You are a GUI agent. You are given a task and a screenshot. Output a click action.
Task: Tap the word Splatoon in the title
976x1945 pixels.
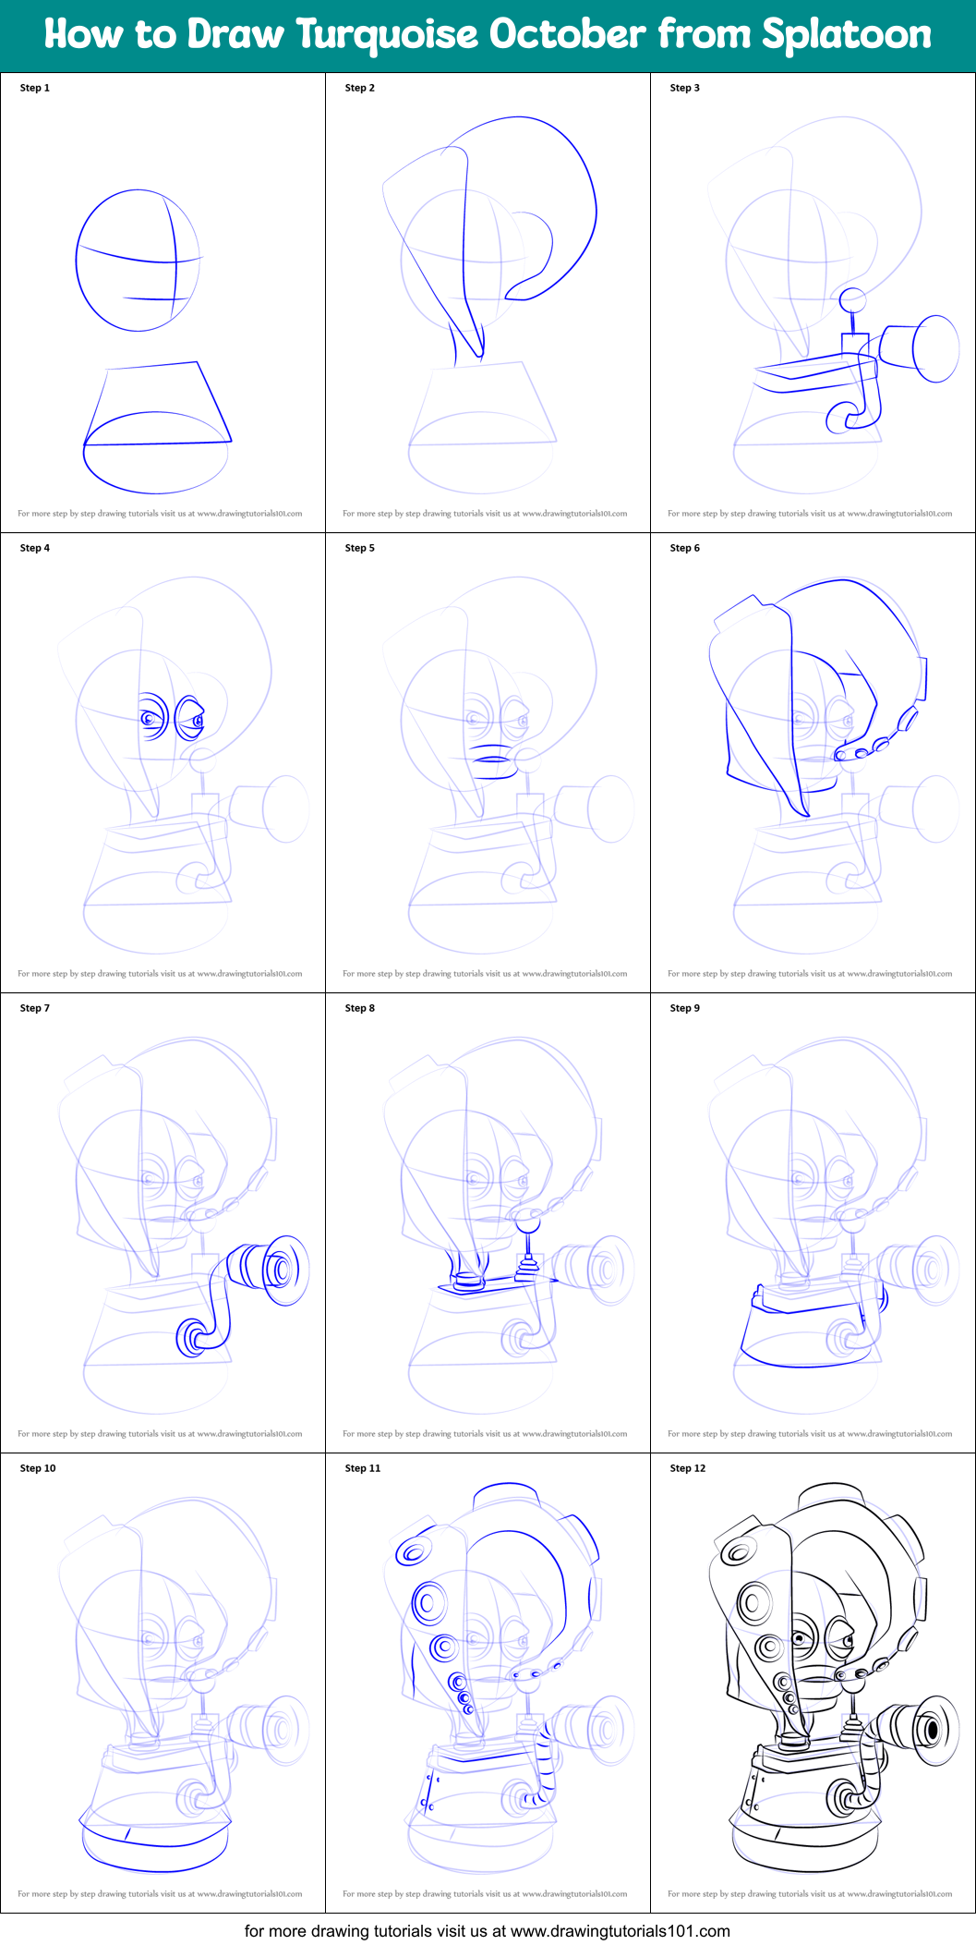(847, 35)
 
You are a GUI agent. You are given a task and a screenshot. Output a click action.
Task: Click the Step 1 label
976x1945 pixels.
(35, 88)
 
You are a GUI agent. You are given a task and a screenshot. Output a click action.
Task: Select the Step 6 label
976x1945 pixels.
(684, 548)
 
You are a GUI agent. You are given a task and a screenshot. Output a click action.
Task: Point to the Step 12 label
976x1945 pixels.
(687, 1468)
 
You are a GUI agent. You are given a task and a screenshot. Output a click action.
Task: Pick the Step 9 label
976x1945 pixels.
(684, 1008)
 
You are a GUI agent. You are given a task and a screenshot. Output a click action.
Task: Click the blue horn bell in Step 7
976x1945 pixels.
(285, 1270)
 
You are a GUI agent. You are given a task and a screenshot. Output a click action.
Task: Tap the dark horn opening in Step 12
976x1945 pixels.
(932, 1728)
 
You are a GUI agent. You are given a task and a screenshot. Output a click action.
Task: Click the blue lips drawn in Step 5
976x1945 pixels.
(490, 753)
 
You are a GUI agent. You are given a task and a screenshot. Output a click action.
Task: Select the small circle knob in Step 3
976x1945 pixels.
(851, 300)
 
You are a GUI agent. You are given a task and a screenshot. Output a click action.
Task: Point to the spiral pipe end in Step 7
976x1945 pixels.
(192, 1337)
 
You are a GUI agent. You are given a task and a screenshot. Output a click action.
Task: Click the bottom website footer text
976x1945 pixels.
(487, 1931)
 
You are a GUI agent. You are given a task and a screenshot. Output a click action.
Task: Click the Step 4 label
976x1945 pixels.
(35, 548)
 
